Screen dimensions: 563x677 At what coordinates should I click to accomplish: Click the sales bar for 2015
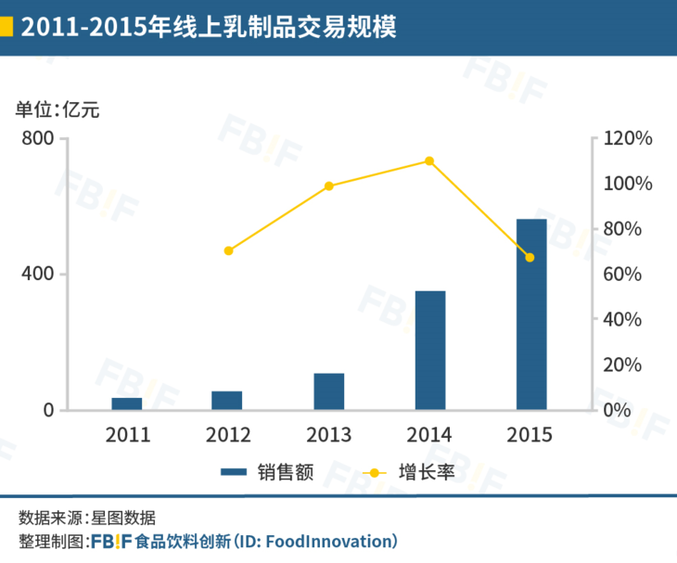click(x=531, y=314)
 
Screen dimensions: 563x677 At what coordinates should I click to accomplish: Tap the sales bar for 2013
click(x=329, y=391)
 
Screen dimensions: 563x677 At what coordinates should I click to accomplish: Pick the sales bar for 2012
click(x=227, y=401)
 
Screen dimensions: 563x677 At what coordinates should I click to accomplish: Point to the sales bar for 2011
click(x=127, y=403)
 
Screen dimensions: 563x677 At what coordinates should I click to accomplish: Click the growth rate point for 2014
click(x=429, y=160)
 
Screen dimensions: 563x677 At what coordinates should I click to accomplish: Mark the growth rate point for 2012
click(x=228, y=250)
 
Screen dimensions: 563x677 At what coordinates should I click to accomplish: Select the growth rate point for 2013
click(x=329, y=186)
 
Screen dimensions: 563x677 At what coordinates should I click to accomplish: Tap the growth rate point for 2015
click(x=530, y=257)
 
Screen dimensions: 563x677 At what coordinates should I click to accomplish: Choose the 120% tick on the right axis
click(x=628, y=138)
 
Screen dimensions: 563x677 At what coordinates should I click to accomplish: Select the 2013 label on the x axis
click(x=329, y=434)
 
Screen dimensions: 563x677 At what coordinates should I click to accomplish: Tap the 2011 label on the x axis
click(x=127, y=434)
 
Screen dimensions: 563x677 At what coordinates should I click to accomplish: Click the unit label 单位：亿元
click(x=57, y=109)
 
